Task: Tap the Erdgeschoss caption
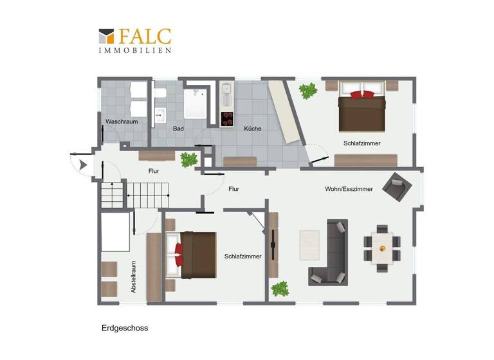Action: (125, 328)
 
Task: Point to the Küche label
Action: (252, 129)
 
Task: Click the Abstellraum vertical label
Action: (134, 277)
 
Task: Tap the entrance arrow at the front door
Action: (83, 165)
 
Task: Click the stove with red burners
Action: (227, 120)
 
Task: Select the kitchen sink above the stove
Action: (226, 97)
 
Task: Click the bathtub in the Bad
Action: (194, 105)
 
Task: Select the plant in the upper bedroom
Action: (309, 91)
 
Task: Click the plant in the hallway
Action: (188, 159)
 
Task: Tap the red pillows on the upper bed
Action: (361, 94)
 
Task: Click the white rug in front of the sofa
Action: (310, 244)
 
